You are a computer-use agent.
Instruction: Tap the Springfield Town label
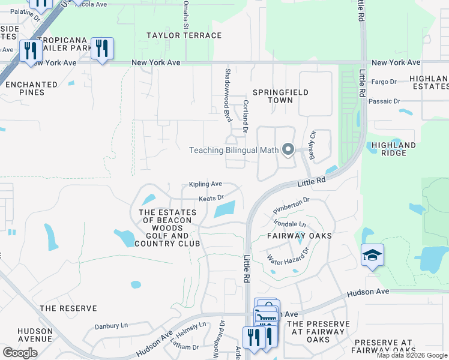click(280, 96)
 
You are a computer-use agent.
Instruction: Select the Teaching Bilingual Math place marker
click(288, 150)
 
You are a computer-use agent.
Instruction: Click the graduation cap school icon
click(372, 256)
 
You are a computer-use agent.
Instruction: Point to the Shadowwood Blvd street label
click(228, 95)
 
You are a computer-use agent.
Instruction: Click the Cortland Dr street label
click(246, 116)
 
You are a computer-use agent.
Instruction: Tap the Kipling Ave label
click(205, 184)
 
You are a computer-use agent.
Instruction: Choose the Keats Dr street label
click(211, 197)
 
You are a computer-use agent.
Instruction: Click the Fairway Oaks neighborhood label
click(299, 236)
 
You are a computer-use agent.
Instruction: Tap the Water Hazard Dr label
click(288, 257)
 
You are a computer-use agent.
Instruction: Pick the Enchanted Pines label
click(32, 89)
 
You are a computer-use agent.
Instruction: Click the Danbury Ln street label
click(111, 326)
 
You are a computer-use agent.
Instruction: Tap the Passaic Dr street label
click(384, 101)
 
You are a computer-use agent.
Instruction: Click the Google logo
click(20, 353)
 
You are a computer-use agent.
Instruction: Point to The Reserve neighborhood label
click(68, 308)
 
